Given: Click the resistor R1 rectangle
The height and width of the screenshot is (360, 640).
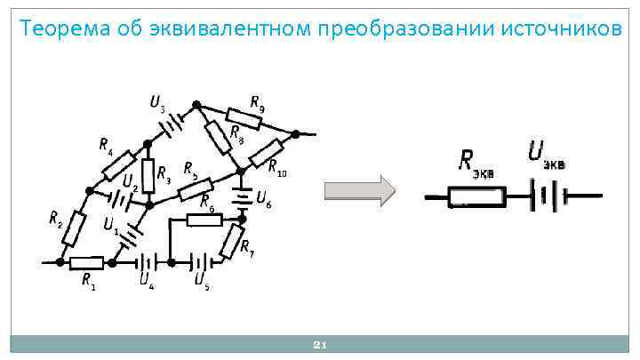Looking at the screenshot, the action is point(87,262).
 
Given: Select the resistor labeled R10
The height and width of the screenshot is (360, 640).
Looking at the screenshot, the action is point(267,153).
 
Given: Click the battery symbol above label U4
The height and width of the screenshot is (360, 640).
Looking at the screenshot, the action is point(147,262).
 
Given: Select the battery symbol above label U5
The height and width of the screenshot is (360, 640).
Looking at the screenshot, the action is point(204,262).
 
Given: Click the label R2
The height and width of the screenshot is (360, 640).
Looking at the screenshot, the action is point(55,219).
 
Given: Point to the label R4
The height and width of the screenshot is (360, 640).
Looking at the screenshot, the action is point(106,144).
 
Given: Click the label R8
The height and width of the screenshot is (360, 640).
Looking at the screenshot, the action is point(237,132).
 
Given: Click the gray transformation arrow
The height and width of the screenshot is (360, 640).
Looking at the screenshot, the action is point(359,191).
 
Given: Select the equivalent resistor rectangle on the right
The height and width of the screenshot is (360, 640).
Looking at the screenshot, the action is point(476,196).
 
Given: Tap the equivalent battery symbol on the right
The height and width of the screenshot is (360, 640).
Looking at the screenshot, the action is point(546,196).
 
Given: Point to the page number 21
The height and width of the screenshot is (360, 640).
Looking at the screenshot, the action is point(322,345).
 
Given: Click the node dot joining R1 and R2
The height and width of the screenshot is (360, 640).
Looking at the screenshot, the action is point(60,262).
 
